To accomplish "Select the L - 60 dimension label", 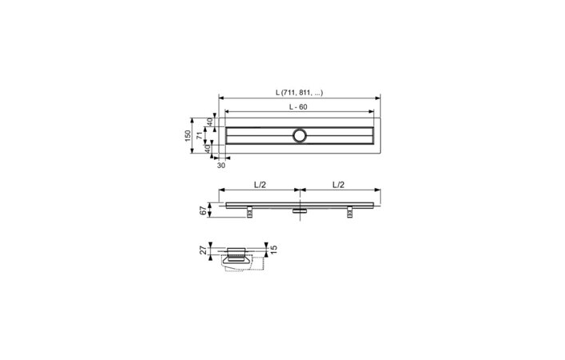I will [299, 106].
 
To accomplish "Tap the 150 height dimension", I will [189, 134].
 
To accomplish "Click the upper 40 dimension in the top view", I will [211, 122].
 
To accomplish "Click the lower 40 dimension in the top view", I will [211, 148].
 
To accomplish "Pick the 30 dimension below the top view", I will [221, 166].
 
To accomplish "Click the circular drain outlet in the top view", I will [301, 135].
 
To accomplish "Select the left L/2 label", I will [259, 185].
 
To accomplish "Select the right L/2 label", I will [339, 185].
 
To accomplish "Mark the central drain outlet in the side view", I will [300, 211].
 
